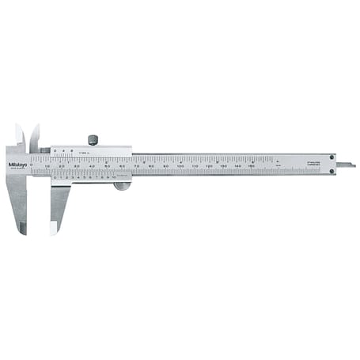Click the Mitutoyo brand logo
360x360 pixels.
pos(15,165)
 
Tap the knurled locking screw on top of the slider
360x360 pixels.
pos(93,140)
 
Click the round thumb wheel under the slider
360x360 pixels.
pos(122,186)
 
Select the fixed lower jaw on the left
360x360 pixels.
pos(17,202)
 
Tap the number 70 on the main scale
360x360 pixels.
pos(137,168)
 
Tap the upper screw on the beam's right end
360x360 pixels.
pos(334,157)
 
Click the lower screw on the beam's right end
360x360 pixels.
pos(334,169)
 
